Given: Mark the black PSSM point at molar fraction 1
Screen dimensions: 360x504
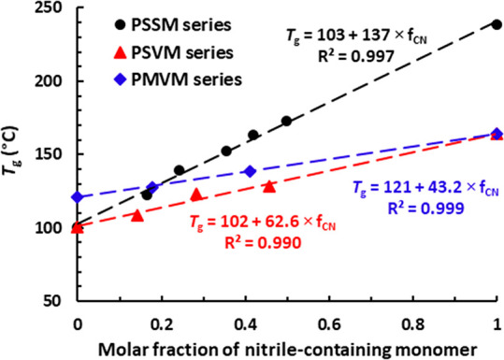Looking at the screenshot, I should [497, 24].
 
